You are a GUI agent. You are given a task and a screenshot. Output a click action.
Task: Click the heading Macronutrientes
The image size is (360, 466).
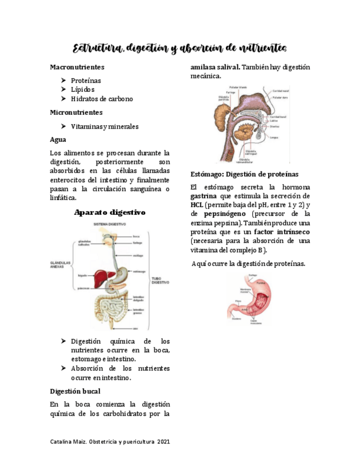[x=77, y=67]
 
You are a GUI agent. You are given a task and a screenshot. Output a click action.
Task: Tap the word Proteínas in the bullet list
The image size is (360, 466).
[x=86, y=80]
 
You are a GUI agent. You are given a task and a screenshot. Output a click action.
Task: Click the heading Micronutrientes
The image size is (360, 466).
[x=76, y=112]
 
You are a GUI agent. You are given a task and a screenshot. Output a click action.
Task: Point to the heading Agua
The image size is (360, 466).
[x=58, y=140]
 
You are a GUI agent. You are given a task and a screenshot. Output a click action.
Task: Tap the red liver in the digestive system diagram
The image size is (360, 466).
[x=102, y=275]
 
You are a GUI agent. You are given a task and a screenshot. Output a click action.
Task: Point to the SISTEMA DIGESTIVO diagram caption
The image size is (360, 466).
[x=110, y=224]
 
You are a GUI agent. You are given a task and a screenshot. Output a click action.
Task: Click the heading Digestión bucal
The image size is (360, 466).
[x=75, y=392]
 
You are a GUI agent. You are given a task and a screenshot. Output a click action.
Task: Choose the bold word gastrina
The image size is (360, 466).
[x=203, y=196]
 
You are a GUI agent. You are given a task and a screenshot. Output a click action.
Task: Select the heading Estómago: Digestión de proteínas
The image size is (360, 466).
[x=244, y=174]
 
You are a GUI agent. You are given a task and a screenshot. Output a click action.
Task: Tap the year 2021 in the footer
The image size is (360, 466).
[x=163, y=442]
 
